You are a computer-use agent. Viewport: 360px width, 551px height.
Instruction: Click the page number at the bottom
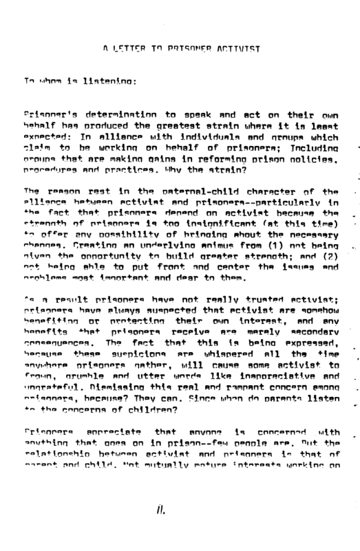[x=159, y=512]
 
